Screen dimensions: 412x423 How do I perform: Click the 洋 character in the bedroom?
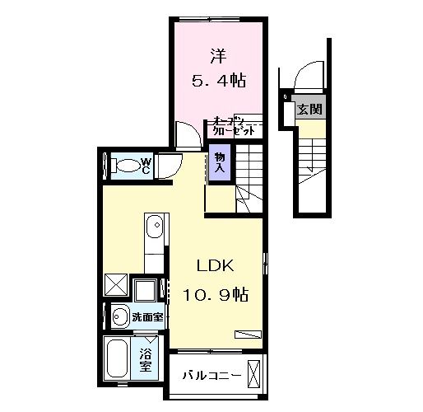[217, 58]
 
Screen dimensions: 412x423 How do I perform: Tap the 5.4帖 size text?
[217, 82]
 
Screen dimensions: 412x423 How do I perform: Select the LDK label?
[216, 266]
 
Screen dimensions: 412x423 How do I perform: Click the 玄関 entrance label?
[309, 109]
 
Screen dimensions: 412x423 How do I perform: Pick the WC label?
[145, 166]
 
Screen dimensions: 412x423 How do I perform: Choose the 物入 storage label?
[221, 162]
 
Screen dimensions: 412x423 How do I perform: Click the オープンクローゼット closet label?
[233, 125]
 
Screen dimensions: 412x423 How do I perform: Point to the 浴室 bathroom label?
[146, 361]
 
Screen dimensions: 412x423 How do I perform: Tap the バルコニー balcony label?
[211, 376]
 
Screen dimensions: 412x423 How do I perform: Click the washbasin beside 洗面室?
[120, 314]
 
